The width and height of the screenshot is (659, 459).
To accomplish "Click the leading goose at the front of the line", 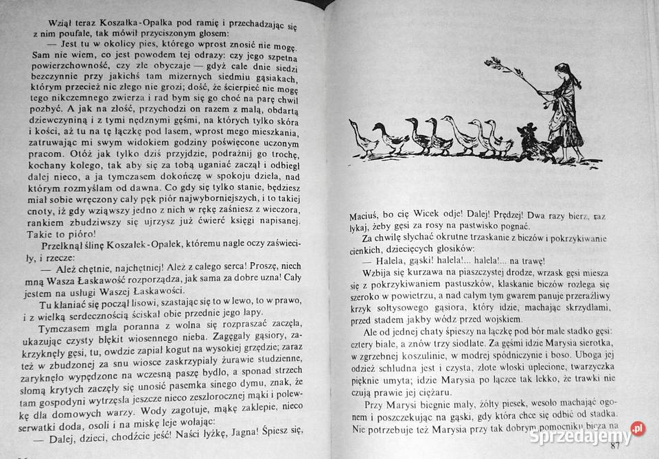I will [x=363, y=139].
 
